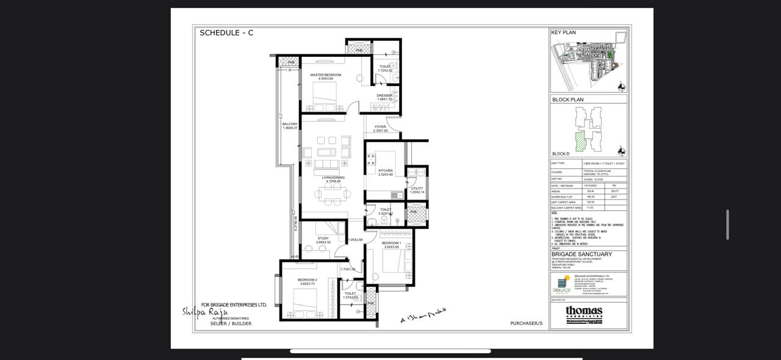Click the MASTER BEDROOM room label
[x=325, y=75]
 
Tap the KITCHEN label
[x=385, y=171]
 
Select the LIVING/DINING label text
[x=333, y=178]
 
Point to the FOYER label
[x=380, y=127]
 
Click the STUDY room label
[x=323, y=239]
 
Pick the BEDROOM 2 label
[x=308, y=279]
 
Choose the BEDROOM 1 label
[x=391, y=243]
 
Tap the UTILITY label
[x=416, y=189]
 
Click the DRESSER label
[x=384, y=95]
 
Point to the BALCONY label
[x=290, y=124]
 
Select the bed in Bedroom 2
[x=306, y=301]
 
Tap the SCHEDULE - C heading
[x=226, y=33]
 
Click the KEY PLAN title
[x=563, y=33]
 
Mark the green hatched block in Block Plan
[x=580, y=141]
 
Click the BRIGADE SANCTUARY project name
[x=581, y=254]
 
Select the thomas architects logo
[x=584, y=312]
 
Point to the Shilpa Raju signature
[x=204, y=312]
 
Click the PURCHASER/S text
[x=526, y=323]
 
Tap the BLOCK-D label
[x=561, y=154]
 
